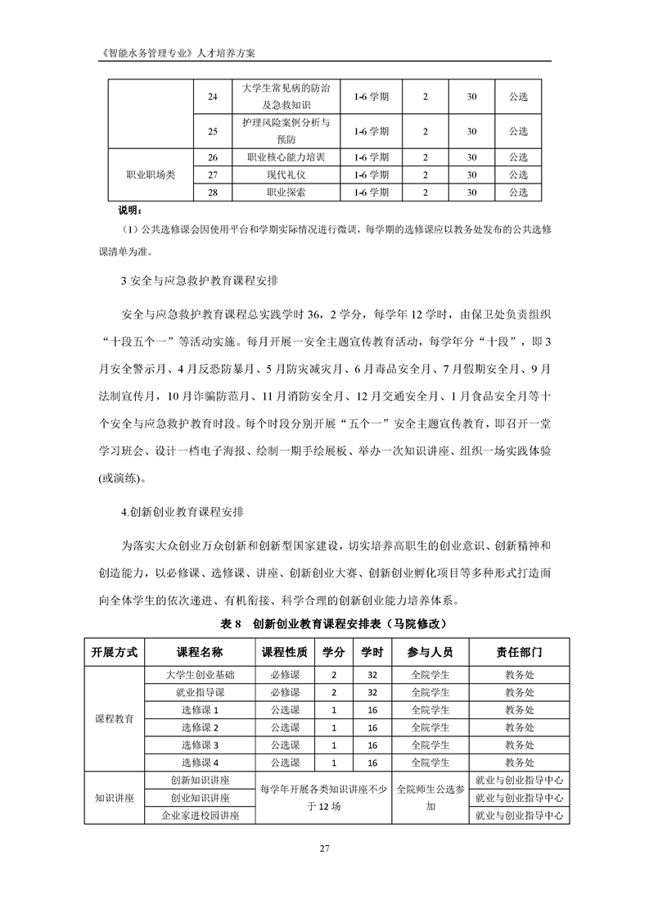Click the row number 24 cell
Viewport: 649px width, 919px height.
pos(214,97)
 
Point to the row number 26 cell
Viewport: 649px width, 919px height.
pos(214,157)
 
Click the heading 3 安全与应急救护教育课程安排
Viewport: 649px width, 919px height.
pos(199,282)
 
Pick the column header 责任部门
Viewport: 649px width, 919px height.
pos(518,653)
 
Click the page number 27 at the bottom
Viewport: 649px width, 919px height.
pos(324,848)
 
